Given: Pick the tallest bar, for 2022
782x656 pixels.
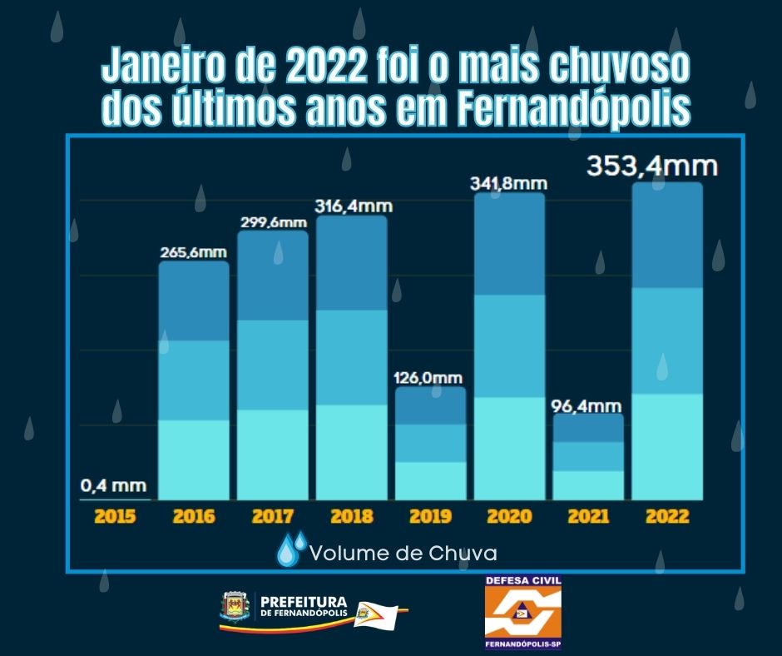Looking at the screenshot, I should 667,341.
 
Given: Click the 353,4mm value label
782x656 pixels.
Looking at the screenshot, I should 651,165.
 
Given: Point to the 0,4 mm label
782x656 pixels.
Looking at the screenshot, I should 114,485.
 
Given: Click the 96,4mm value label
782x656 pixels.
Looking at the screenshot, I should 589,405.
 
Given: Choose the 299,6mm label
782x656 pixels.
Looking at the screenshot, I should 272,221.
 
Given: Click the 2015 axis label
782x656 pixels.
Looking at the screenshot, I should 115,516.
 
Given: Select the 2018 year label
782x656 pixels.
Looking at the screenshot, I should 352,516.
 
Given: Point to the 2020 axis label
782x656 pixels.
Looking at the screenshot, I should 510,516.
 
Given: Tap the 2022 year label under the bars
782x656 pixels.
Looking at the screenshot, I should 667,516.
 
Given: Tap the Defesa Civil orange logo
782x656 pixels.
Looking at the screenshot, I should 522,612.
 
